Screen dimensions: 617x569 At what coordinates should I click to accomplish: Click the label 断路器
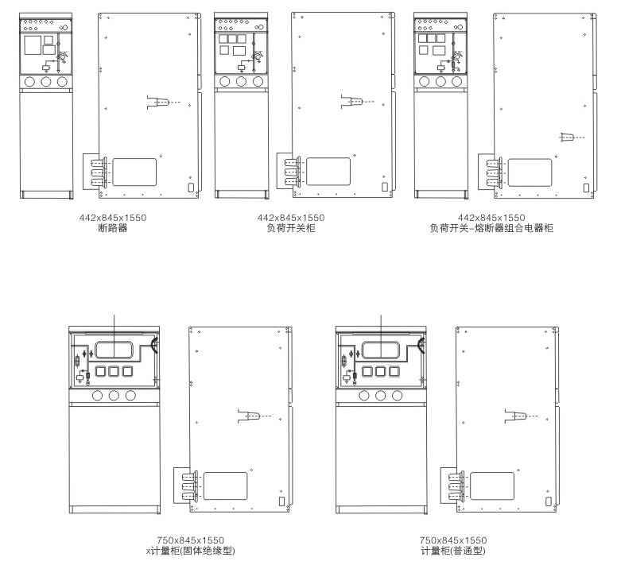[113, 228]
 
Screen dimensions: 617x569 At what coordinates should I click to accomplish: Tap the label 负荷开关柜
[291, 228]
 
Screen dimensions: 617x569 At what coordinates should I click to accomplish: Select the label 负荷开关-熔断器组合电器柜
[491, 228]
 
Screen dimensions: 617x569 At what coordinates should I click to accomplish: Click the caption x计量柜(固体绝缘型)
[191, 551]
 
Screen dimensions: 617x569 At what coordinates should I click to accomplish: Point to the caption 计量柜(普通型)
[453, 551]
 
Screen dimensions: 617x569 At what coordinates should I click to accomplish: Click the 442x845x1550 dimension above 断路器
[113, 218]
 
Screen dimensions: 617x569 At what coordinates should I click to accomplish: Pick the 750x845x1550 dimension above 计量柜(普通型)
[453, 540]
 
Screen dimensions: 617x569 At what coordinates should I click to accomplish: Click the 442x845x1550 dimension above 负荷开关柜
[291, 218]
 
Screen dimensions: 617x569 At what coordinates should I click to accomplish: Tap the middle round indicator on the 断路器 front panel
[46, 82]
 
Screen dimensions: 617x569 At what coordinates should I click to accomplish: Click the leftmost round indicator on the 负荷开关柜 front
[225, 81]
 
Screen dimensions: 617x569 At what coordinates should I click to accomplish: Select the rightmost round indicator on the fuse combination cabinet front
[457, 81]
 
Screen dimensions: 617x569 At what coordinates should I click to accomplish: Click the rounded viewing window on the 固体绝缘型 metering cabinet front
[114, 350]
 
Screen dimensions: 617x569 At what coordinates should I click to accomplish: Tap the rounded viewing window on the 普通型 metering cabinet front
[381, 350]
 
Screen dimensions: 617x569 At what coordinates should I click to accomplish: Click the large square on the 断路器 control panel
[33, 45]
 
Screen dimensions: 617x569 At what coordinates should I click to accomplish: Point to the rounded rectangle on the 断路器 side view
[134, 172]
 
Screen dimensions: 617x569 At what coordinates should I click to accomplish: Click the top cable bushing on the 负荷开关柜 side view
[292, 162]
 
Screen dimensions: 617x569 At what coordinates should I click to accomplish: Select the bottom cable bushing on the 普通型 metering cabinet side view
[456, 496]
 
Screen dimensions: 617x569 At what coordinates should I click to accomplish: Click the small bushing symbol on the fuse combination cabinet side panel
[566, 137]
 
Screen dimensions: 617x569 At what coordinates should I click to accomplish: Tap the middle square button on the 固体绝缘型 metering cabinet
[114, 371]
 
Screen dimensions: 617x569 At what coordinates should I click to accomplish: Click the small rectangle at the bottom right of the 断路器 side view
[191, 188]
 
